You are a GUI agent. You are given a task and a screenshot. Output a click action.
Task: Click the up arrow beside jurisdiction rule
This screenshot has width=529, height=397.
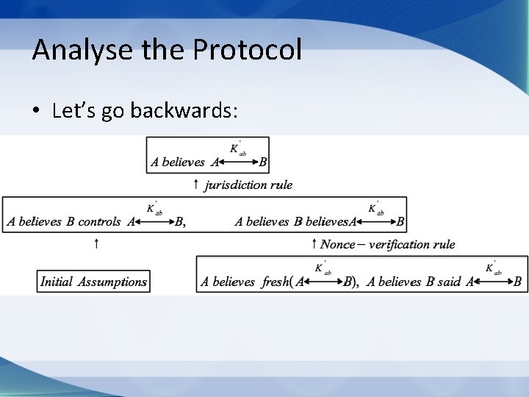(195, 185)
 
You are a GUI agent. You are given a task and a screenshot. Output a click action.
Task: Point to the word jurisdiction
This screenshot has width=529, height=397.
(237, 185)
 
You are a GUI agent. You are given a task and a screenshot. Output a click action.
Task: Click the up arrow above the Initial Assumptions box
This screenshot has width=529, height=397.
(97, 243)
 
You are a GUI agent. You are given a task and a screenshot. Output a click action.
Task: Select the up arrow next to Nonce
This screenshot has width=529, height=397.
(314, 244)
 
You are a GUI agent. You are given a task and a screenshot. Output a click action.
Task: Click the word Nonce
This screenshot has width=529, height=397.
(338, 244)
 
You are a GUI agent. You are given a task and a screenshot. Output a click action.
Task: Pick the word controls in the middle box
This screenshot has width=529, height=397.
(101, 221)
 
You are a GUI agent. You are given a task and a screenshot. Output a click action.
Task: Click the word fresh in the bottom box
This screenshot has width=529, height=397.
(275, 282)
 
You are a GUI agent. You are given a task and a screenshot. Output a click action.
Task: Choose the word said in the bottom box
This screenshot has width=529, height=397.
(449, 282)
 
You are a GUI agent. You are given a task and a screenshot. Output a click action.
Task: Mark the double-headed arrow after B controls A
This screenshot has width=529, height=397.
(154, 221)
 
